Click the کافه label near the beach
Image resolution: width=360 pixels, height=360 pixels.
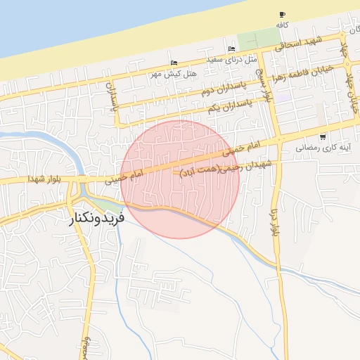click(282, 24)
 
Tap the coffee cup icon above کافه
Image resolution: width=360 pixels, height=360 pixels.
click(282, 15)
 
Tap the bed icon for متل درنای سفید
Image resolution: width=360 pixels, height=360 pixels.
click(231, 49)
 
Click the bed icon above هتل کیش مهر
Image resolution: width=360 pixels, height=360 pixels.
click(174, 63)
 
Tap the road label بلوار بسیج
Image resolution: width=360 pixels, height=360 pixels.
click(260, 83)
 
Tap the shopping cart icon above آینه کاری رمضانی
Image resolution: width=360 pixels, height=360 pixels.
click(322, 137)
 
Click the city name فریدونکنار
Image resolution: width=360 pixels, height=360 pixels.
click(97, 218)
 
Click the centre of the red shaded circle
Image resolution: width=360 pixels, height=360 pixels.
click(180, 179)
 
